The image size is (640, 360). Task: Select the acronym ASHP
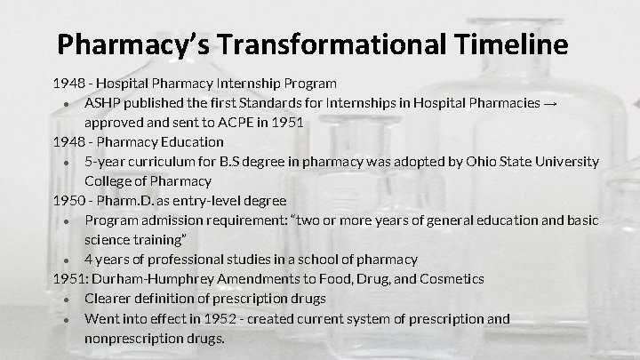pos(104,103)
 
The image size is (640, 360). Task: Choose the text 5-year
pos(106,162)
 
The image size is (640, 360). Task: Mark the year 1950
pos(68,201)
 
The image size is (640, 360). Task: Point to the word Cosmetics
pos(452,279)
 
